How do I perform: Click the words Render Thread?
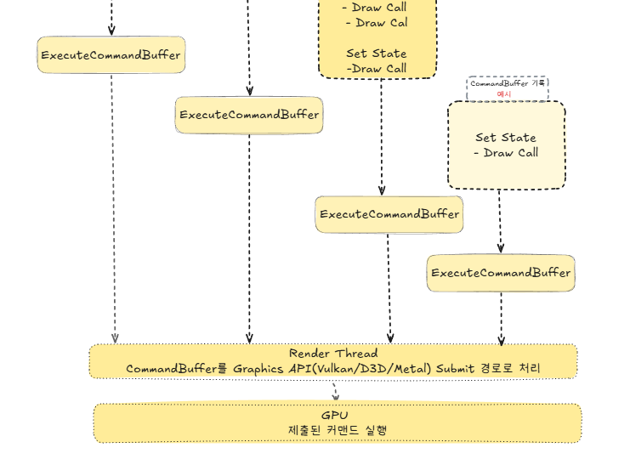click(x=333, y=354)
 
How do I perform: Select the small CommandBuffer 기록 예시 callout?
click(x=508, y=88)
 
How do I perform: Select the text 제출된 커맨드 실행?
click(x=338, y=430)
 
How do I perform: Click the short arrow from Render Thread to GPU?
click(x=335, y=391)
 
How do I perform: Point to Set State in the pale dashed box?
click(x=506, y=138)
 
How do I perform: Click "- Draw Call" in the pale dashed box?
click(x=506, y=153)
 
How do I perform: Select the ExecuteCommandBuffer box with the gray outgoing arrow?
click(x=111, y=55)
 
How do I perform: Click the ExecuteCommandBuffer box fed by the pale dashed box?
click(x=501, y=273)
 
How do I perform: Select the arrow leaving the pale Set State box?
click(x=500, y=221)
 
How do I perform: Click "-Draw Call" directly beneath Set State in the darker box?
click(x=376, y=69)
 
